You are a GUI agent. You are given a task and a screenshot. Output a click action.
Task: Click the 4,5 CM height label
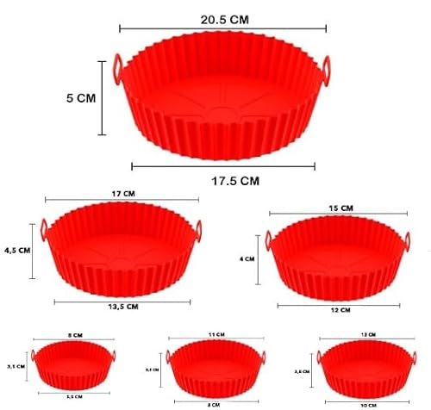pyautogui.click(x=16, y=250)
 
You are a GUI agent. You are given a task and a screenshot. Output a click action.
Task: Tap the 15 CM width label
pyautogui.click(x=341, y=208)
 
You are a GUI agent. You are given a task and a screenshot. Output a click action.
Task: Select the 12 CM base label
pyautogui.click(x=340, y=309)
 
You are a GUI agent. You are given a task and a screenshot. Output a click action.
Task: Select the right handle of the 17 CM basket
pyautogui.click(x=201, y=230)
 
